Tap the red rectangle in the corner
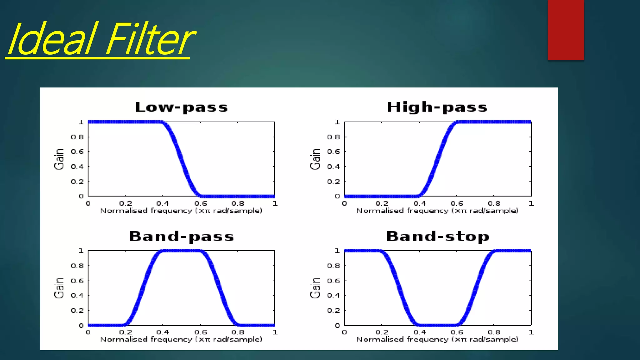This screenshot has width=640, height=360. [x=566, y=30]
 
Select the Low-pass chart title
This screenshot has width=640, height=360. [x=181, y=107]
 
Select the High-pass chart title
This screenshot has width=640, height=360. [x=437, y=107]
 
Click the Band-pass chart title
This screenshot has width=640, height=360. [x=181, y=236]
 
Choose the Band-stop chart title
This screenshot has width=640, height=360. [x=437, y=236]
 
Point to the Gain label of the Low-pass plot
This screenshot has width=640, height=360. [x=59, y=159]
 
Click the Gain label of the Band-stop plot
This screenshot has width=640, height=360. [x=315, y=288]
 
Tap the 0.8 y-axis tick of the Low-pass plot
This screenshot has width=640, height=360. [x=77, y=137]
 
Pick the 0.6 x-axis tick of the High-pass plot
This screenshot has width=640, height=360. [x=457, y=203]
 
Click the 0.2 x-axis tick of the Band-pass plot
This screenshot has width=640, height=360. [x=126, y=332]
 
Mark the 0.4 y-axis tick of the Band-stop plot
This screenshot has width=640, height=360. [x=333, y=295]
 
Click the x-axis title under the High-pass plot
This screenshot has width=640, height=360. [x=437, y=211]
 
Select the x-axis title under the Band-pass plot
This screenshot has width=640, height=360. [x=181, y=340]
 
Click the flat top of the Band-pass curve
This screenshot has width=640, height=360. [x=181, y=251]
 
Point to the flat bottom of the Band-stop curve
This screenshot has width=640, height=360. [x=437, y=325]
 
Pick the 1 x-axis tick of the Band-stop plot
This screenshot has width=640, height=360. [x=531, y=332]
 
